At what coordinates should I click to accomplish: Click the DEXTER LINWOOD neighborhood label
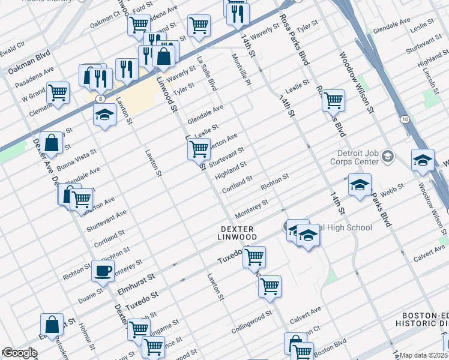(238, 233)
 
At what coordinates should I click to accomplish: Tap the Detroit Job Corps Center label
(355, 157)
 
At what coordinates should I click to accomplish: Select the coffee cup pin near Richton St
(103, 271)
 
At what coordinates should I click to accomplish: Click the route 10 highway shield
(405, 121)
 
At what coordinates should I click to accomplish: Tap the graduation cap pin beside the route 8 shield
(104, 116)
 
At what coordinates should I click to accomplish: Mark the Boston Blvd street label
(331, 347)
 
